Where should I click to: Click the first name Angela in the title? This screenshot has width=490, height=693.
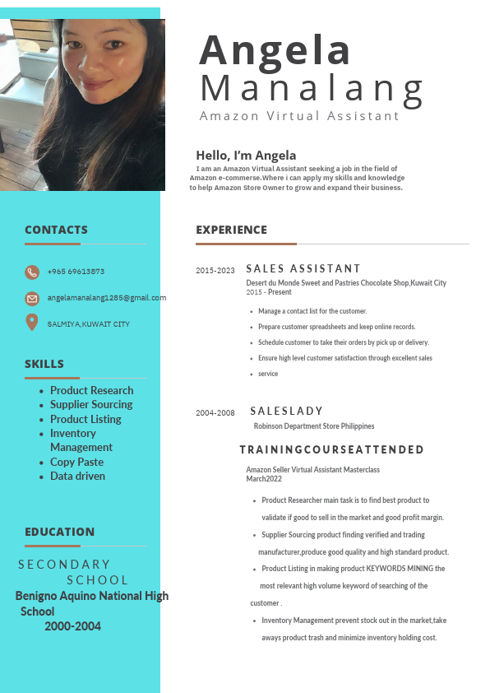[275, 50]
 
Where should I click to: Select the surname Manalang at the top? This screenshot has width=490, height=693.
[312, 87]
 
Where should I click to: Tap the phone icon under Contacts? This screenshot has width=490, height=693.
[32, 272]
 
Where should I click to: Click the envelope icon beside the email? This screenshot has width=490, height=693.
[32, 298]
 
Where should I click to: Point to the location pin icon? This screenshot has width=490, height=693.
[32, 323]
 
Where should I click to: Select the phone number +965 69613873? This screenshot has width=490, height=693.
[76, 272]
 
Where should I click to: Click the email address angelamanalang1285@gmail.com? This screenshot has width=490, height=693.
[106, 298]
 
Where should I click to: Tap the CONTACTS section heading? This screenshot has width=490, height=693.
[56, 230]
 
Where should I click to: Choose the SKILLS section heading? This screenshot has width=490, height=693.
[44, 364]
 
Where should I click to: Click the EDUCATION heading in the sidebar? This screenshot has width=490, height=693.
[59, 532]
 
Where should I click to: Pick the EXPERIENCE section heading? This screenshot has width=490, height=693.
[231, 230]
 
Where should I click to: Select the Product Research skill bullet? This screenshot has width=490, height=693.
[91, 390]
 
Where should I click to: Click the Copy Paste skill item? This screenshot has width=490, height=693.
[76, 462]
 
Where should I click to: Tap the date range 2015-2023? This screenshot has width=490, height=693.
[215, 271]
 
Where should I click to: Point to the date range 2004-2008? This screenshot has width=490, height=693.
[215, 413]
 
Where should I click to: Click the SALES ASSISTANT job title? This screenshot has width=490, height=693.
[303, 268]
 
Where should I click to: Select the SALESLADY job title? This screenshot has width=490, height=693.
[287, 411]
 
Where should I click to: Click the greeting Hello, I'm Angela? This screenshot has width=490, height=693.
[246, 156]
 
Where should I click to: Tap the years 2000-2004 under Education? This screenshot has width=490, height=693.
[72, 626]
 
